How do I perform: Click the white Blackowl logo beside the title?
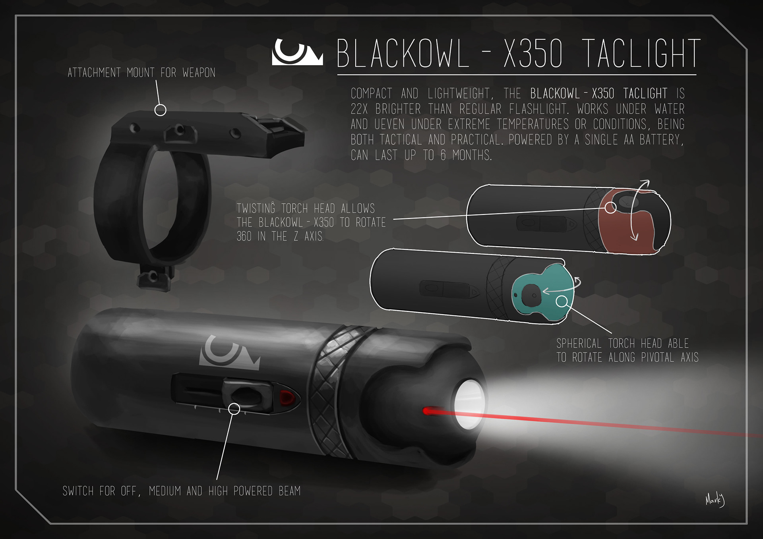click(x=297, y=52)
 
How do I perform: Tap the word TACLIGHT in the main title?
click(x=641, y=54)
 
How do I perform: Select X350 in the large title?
click(x=533, y=54)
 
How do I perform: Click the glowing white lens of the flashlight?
click(x=469, y=404)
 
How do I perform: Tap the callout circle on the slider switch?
click(x=234, y=409)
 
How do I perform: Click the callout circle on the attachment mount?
click(x=160, y=110)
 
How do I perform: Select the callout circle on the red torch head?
click(x=611, y=207)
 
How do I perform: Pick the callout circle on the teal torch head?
click(x=562, y=302)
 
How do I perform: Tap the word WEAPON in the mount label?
click(x=199, y=73)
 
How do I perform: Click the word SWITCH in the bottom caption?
click(x=77, y=491)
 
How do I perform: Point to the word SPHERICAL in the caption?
click(x=579, y=344)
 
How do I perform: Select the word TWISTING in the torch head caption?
click(x=256, y=209)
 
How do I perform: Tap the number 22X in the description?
click(x=360, y=109)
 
